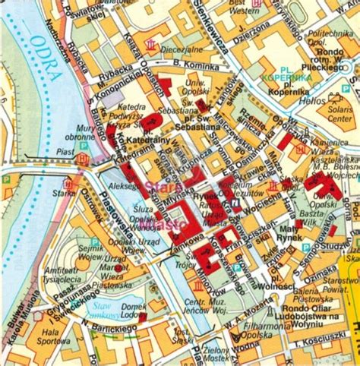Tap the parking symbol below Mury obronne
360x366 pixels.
84,158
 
